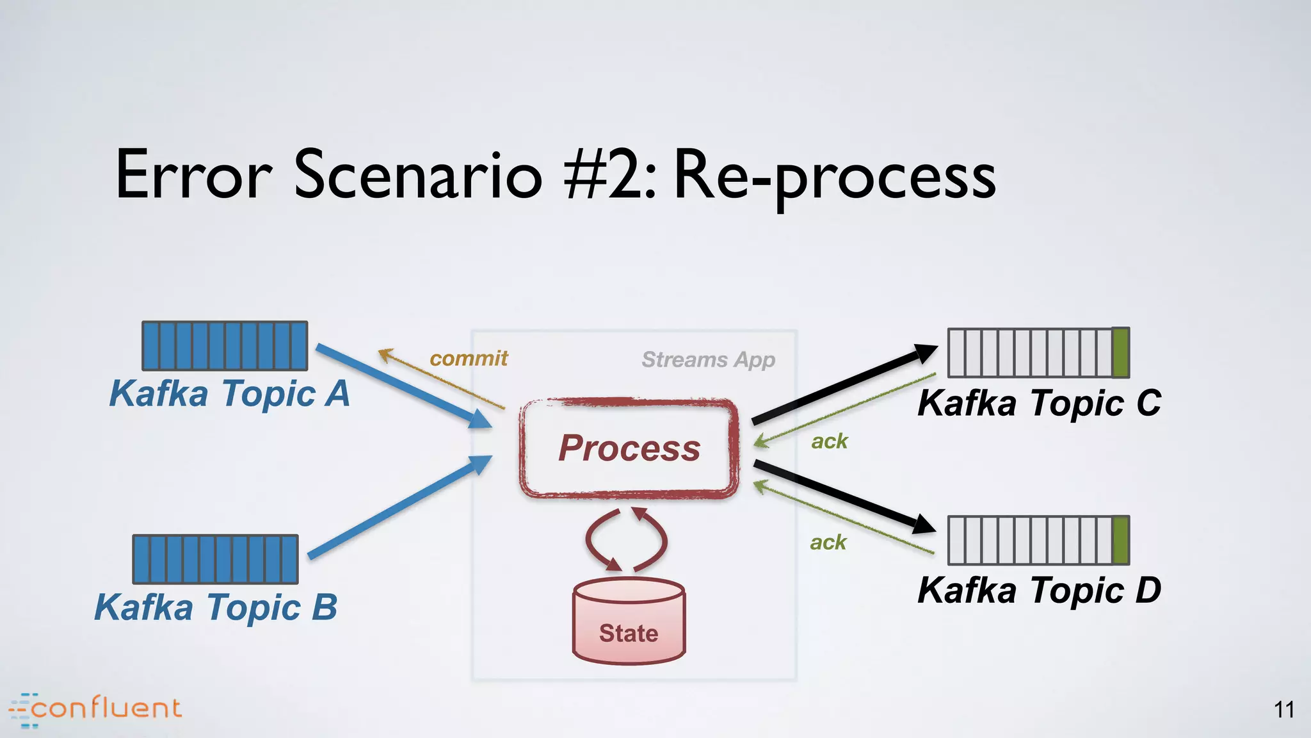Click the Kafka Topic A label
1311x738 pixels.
229,393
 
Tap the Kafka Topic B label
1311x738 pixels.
216,607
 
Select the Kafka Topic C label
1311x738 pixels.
1039,404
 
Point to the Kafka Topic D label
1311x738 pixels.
1039,591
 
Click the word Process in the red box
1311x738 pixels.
629,448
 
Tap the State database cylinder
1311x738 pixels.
629,621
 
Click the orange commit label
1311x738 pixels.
469,358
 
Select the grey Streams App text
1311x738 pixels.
708,360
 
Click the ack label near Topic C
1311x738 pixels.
829,441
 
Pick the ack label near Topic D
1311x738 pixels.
828,543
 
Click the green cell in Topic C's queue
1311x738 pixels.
1120,352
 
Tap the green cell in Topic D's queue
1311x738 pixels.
1120,540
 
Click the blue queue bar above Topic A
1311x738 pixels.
225,346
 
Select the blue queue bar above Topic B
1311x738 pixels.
216,559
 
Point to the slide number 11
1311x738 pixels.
1284,710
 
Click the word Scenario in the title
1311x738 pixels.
418,175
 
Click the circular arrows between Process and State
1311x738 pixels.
626,540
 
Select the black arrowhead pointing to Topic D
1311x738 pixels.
924,524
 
